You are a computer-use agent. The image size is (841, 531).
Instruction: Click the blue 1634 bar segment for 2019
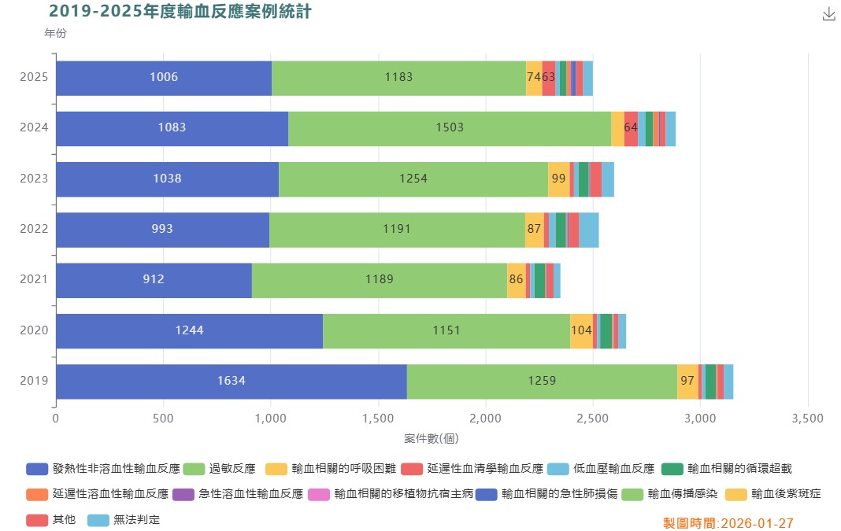pos(231,382)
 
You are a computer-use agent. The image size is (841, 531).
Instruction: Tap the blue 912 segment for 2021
pos(154,280)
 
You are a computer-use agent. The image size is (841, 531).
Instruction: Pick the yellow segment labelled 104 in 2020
pos(581,330)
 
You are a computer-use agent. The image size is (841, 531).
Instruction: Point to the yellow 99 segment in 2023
pos(558,179)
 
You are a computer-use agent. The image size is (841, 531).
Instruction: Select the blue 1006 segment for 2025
pos(164,78)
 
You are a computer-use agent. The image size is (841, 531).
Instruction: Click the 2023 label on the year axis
pos(34,179)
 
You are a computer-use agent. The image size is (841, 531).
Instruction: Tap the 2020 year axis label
pos(34,330)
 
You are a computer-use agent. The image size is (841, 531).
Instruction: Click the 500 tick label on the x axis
pos(163,419)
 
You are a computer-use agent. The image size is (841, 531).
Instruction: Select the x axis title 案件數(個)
pos(432,437)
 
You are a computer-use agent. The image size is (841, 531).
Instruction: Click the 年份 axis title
pos(55,34)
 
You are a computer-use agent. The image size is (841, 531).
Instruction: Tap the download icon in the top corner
pos(828,14)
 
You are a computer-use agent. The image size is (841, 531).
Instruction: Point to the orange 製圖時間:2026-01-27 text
pos(728,522)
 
